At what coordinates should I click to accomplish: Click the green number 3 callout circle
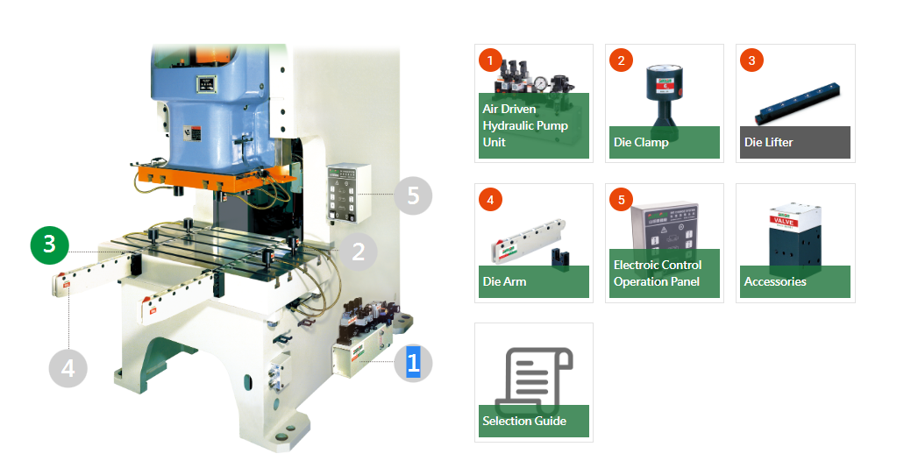point(50,245)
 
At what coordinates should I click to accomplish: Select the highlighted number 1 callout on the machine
point(413,363)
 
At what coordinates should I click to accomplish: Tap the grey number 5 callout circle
point(413,195)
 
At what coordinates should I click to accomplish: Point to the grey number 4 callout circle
point(68,369)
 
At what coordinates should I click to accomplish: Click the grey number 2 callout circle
point(359,252)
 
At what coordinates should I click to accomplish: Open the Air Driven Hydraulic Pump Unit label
point(525,125)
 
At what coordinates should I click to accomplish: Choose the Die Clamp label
point(641,142)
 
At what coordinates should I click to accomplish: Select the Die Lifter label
point(769,142)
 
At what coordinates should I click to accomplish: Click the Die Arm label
point(505,281)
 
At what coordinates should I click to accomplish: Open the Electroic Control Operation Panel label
point(658,273)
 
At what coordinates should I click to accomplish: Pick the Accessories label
point(775,281)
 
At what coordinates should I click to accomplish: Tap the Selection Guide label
point(524,421)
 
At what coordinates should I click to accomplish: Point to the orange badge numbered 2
point(621,60)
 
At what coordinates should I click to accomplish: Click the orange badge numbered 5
point(621,200)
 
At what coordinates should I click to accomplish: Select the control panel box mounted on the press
point(348,193)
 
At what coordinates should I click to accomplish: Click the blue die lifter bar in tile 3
point(799,104)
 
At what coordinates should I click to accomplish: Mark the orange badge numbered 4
point(491,200)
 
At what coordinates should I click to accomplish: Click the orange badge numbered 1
point(491,60)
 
